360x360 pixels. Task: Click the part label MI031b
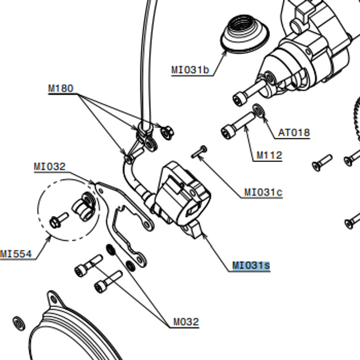pyautogui.click(x=190, y=70)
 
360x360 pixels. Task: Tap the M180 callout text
pyautogui.click(x=60, y=88)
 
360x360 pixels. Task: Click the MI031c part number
pyautogui.click(x=263, y=192)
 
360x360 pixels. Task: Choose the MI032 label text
pyautogui.click(x=49, y=166)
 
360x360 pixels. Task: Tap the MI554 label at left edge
pyautogui.click(x=16, y=254)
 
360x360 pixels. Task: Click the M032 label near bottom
pyautogui.click(x=186, y=322)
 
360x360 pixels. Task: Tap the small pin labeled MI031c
pyautogui.click(x=200, y=151)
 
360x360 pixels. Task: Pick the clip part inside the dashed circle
pyautogui.click(x=85, y=205)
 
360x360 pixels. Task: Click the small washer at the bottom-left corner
pyautogui.click(x=19, y=323)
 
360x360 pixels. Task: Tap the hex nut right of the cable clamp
pyautogui.click(x=167, y=132)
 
